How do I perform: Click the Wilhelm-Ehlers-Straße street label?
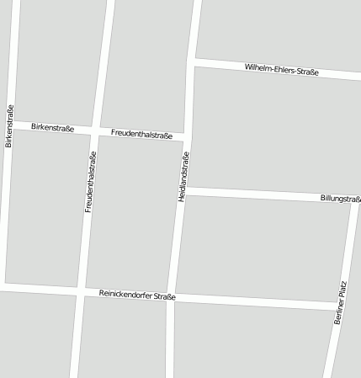coord(282,70)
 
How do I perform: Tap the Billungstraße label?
coord(340,199)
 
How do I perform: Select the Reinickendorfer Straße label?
coord(137,295)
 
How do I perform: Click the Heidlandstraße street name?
coord(183,176)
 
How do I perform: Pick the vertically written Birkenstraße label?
coord(9,126)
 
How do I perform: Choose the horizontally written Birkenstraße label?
coord(52,128)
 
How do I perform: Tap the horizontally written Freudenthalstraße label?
coord(141,134)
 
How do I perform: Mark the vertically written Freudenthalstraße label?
coord(90,181)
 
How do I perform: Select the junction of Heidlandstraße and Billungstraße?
coord(184,191)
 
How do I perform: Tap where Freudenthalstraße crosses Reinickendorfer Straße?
coord(81,292)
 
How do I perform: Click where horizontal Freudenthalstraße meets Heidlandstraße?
coord(188,136)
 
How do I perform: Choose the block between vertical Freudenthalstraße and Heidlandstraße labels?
coord(135,215)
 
